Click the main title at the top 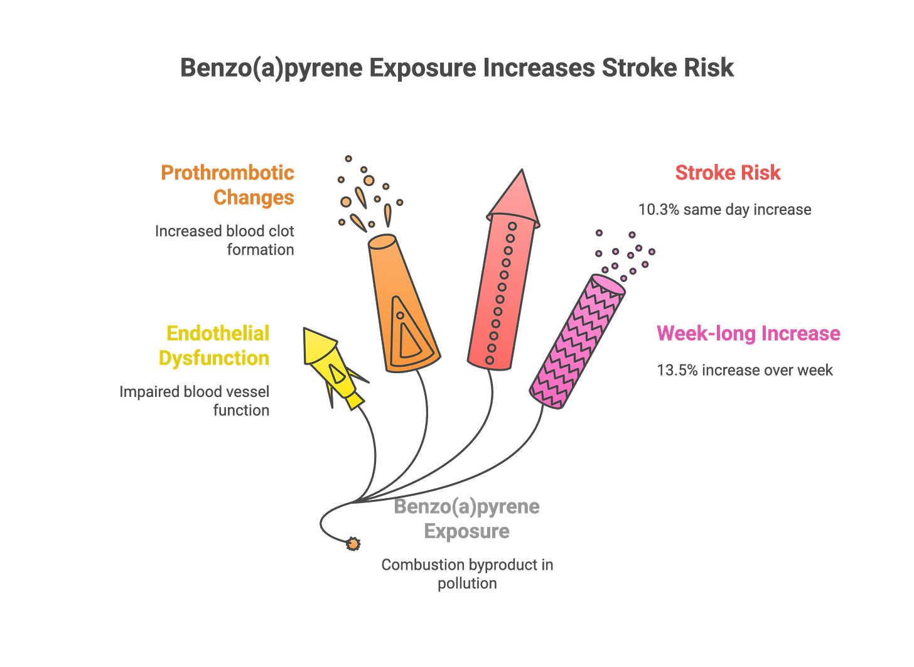pyautogui.click(x=457, y=68)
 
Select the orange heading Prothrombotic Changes pyautogui.click(x=227, y=185)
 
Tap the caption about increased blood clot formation pyautogui.click(x=225, y=240)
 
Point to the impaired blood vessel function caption pyautogui.click(x=195, y=401)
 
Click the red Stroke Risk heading pyautogui.click(x=728, y=173)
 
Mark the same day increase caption pyautogui.click(x=725, y=209)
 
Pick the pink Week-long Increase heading pyautogui.click(x=748, y=333)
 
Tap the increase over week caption pyautogui.click(x=745, y=370)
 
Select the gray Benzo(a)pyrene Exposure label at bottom pyautogui.click(x=467, y=519)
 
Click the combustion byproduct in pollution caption pyautogui.click(x=467, y=573)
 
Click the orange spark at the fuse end pyautogui.click(x=353, y=543)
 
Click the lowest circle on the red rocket pyautogui.click(x=491, y=361)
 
